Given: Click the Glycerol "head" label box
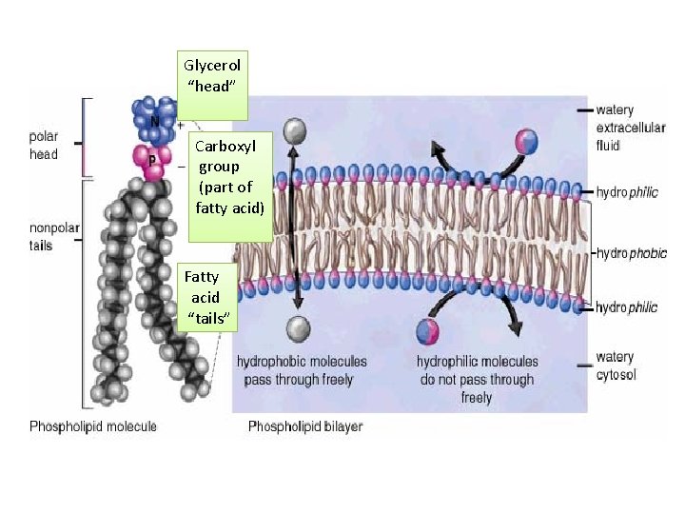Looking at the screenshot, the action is coord(213,85).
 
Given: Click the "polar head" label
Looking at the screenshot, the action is coord(44,146).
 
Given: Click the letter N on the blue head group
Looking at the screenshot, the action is coord(154,121).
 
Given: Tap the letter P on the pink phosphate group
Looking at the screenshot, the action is coord(152,161).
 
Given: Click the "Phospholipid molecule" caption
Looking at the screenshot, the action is coord(93,426).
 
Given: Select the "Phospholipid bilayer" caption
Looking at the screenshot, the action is coord(304,426).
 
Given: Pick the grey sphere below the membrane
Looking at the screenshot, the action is coord(299,329).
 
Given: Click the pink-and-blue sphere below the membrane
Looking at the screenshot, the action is coord(428,331).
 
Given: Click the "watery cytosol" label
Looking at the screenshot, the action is coord(616,366).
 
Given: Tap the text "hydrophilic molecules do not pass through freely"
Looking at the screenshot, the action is coord(477,379).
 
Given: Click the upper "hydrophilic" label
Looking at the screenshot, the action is coord(627,192).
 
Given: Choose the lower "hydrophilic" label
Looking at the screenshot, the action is coord(627,307).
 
